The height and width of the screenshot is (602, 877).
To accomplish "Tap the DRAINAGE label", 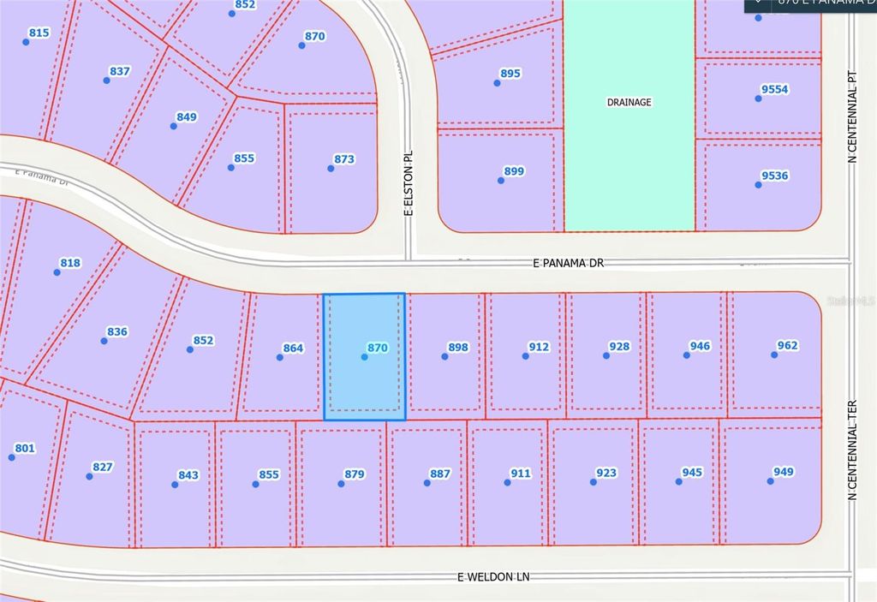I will click(629, 102).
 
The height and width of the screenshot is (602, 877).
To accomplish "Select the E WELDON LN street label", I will click(493, 577).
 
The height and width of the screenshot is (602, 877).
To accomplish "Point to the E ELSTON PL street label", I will click(409, 184).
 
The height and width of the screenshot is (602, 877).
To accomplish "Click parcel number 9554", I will click(774, 89).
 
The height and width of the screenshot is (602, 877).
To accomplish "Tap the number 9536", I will click(774, 176).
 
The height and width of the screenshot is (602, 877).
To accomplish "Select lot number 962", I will click(787, 346).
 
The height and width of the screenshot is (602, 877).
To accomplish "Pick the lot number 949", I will click(783, 472).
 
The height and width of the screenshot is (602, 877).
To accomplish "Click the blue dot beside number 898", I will click(444, 356).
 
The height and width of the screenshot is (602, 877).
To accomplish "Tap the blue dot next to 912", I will click(525, 356).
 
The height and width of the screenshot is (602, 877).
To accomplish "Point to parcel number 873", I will click(344, 159).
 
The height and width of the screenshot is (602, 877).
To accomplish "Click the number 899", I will click(513, 171).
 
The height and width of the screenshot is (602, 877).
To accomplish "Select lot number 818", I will click(70, 263).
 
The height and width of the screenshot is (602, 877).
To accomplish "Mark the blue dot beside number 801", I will click(12, 457).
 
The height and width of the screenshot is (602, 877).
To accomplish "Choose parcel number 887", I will click(440, 474).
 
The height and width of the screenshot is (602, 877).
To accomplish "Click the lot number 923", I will click(606, 472).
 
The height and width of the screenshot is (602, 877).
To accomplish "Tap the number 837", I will click(120, 71).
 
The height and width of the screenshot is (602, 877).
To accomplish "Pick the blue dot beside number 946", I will click(687, 355).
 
